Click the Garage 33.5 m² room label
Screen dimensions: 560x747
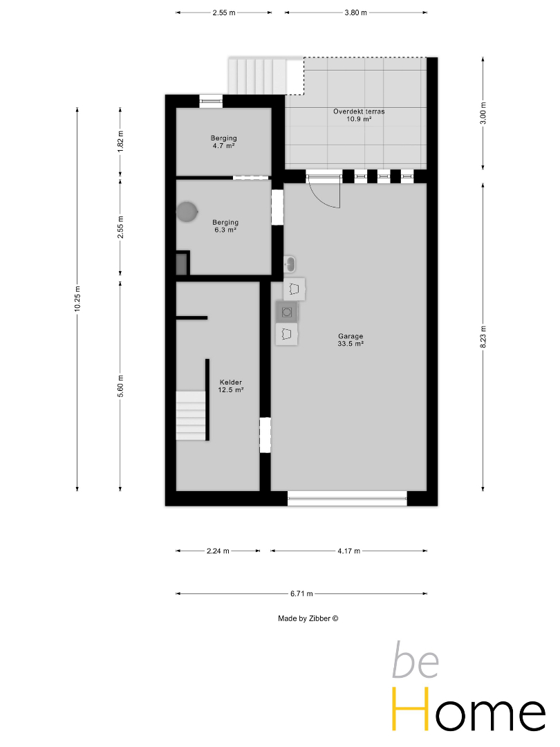coord(351,340)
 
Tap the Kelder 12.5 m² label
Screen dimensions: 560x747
coord(231,386)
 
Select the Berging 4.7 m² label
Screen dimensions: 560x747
coord(224,142)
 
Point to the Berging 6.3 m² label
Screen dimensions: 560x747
coord(225,225)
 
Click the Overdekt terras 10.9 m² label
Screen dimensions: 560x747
coord(359,116)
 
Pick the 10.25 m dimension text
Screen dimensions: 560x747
coord(77,299)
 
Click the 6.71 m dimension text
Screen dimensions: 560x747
coord(301,593)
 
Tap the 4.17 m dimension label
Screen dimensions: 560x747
coord(349,551)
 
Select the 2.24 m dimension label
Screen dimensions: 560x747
coord(218,551)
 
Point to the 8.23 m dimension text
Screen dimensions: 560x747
coord(483,337)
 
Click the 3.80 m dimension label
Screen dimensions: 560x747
coord(356,13)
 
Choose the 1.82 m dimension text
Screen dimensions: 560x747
coord(120,141)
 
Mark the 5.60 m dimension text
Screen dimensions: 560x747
coord(120,386)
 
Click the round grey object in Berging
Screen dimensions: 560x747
coord(187,212)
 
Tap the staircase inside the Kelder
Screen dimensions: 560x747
coord(192,416)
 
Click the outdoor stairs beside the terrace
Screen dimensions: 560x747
coord(257,77)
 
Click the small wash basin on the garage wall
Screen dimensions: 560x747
coord(290,264)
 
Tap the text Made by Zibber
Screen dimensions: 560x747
coord(308,618)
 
